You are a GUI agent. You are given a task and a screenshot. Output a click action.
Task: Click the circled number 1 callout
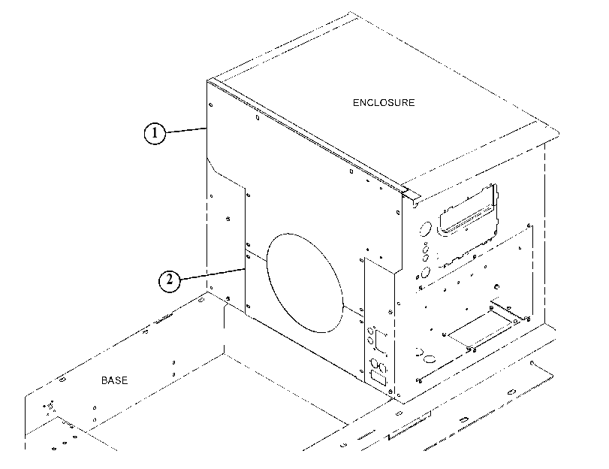tap(155, 133)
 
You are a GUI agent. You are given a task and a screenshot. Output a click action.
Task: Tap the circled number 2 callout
tap(170, 280)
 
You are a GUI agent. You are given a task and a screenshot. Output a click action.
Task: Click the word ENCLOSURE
tap(384, 103)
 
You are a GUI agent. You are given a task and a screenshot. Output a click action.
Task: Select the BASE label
tap(115, 380)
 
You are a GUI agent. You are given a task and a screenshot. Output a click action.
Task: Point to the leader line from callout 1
tap(185, 131)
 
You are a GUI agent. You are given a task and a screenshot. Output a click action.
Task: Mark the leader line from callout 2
tap(212, 274)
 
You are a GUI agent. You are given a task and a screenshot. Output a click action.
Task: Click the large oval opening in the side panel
tap(306, 283)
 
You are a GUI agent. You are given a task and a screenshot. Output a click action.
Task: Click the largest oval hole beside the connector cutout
tap(426, 228)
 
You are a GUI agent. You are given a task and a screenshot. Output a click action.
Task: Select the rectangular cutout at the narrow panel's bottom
tap(378, 377)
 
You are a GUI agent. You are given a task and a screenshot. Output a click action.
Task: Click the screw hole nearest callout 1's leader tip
tap(211, 104)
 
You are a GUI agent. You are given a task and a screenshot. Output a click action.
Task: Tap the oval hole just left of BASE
tap(62, 380)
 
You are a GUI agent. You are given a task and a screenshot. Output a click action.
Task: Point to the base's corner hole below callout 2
tap(200, 300)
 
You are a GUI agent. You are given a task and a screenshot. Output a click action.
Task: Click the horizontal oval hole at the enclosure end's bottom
tap(430, 359)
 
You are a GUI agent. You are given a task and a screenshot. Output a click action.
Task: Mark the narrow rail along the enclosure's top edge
tap(307, 136)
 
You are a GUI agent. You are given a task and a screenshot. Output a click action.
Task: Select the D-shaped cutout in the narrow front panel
tap(381, 341)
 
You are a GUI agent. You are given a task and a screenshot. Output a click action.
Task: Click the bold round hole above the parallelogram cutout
tap(496, 287)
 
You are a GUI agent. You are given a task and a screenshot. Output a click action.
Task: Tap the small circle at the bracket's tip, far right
tap(532, 363)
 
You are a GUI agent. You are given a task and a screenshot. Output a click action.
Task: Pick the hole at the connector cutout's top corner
tap(493, 186)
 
